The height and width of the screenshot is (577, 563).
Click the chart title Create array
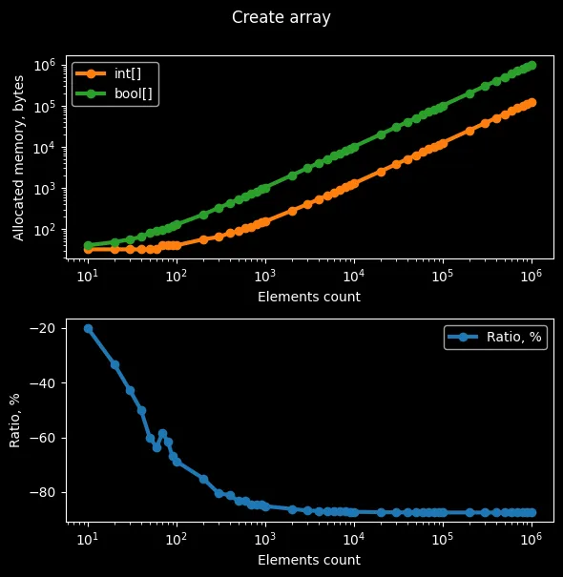click(x=281, y=17)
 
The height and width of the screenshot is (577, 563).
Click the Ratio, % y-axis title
click(x=15, y=421)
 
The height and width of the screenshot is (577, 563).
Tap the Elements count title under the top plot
click(x=309, y=297)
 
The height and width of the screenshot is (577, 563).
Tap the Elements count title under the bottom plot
click(x=309, y=560)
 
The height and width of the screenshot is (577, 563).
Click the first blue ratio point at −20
click(x=88, y=328)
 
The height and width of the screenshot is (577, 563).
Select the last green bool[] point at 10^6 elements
click(x=531, y=65)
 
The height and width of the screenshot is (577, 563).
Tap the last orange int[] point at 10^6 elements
click(x=531, y=102)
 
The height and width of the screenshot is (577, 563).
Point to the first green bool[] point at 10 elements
click(x=88, y=246)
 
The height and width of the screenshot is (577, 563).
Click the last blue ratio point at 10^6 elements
click(x=531, y=512)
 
